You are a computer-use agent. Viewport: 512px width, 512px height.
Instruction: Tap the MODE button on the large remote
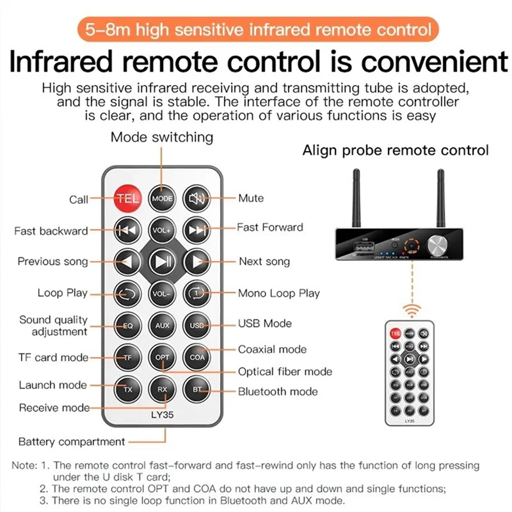[162, 198]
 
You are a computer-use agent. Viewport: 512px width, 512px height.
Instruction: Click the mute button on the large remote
[196, 198]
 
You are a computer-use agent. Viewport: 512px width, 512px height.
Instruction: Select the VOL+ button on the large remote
[162, 230]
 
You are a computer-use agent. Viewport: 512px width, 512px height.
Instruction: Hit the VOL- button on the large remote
[162, 294]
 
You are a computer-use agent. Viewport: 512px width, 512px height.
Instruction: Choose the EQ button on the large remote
[127, 325]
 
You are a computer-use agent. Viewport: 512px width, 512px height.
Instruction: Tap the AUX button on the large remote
[162, 325]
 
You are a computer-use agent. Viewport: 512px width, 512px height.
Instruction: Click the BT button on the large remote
[196, 388]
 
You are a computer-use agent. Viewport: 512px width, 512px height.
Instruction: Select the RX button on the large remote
[162, 388]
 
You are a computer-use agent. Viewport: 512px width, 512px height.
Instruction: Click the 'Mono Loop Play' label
[278, 294]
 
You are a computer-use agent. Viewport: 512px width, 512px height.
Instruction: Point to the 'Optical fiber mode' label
[285, 371]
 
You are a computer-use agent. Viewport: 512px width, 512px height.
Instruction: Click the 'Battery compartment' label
[72, 442]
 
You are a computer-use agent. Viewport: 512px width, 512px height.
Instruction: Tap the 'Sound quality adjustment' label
[53, 325]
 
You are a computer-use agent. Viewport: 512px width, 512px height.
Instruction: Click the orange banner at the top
[256, 29]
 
